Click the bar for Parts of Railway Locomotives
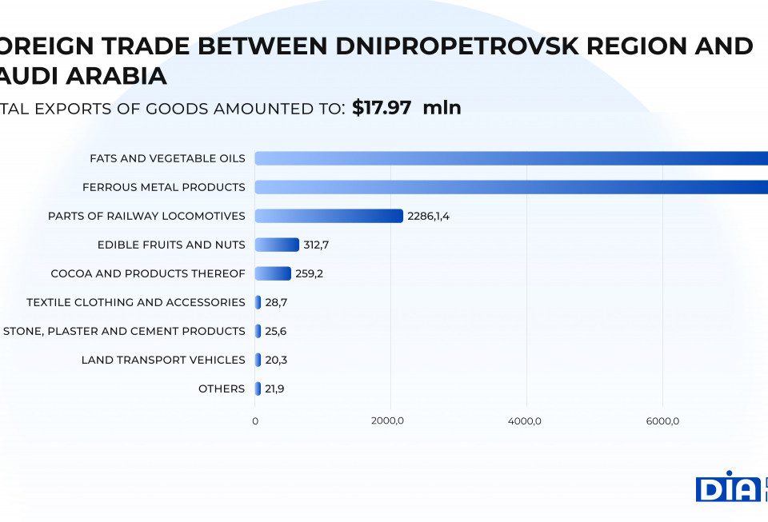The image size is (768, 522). pyautogui.click(x=329, y=216)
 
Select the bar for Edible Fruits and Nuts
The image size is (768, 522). pyautogui.click(x=277, y=245)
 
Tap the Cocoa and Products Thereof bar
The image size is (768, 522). pyautogui.click(x=273, y=273)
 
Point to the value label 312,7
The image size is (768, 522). pyautogui.click(x=316, y=245)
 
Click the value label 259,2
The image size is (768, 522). pyautogui.click(x=309, y=273)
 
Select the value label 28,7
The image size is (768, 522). pyautogui.click(x=276, y=302)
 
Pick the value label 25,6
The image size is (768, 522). pyautogui.click(x=276, y=331)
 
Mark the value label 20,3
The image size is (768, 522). pyautogui.click(x=276, y=360)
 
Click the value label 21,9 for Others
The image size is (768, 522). pyautogui.click(x=276, y=389)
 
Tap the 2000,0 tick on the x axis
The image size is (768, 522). pyautogui.click(x=390, y=421)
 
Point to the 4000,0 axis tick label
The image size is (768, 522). pyautogui.click(x=526, y=421)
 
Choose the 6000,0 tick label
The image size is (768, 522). pyautogui.click(x=662, y=421)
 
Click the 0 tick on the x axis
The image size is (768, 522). pyautogui.click(x=255, y=421)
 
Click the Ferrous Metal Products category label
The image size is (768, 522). pyautogui.click(x=163, y=187)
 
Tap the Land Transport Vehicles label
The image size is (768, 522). pyautogui.click(x=163, y=360)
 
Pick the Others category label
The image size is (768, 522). pyautogui.click(x=222, y=389)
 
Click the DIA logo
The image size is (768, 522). pyautogui.click(x=728, y=487)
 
